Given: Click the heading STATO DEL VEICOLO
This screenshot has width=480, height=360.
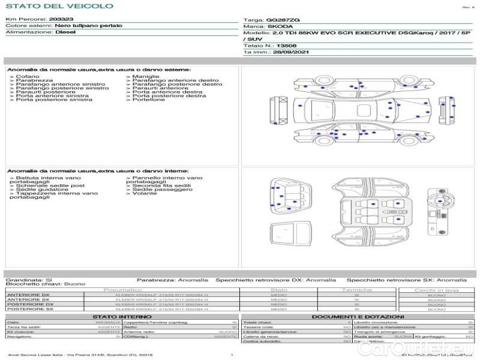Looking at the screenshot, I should pos(59,6).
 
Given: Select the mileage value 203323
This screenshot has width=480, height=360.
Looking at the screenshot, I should pos(61,19).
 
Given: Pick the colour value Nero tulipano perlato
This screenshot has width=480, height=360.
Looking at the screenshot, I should pos(88,26).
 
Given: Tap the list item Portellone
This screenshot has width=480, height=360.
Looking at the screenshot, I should pos(148,100).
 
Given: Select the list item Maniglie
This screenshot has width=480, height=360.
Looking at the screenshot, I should pos(146,77).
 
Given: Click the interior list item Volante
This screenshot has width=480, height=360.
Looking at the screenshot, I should pos(145,193).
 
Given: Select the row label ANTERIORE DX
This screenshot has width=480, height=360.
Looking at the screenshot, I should pos(28,295).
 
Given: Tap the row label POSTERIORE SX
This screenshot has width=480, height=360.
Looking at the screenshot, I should pos(29,309).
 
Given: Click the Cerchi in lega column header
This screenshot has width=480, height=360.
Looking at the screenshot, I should pos(436,290).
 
